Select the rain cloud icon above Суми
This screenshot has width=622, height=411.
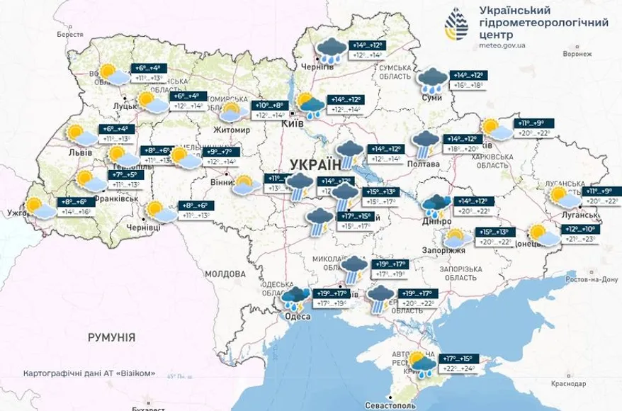(x=431, y=80)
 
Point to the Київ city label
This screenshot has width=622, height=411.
(x=293, y=123)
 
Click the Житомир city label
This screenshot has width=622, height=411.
(x=232, y=130)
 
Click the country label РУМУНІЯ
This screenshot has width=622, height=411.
(x=111, y=337)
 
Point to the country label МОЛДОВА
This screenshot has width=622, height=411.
(x=225, y=274)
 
